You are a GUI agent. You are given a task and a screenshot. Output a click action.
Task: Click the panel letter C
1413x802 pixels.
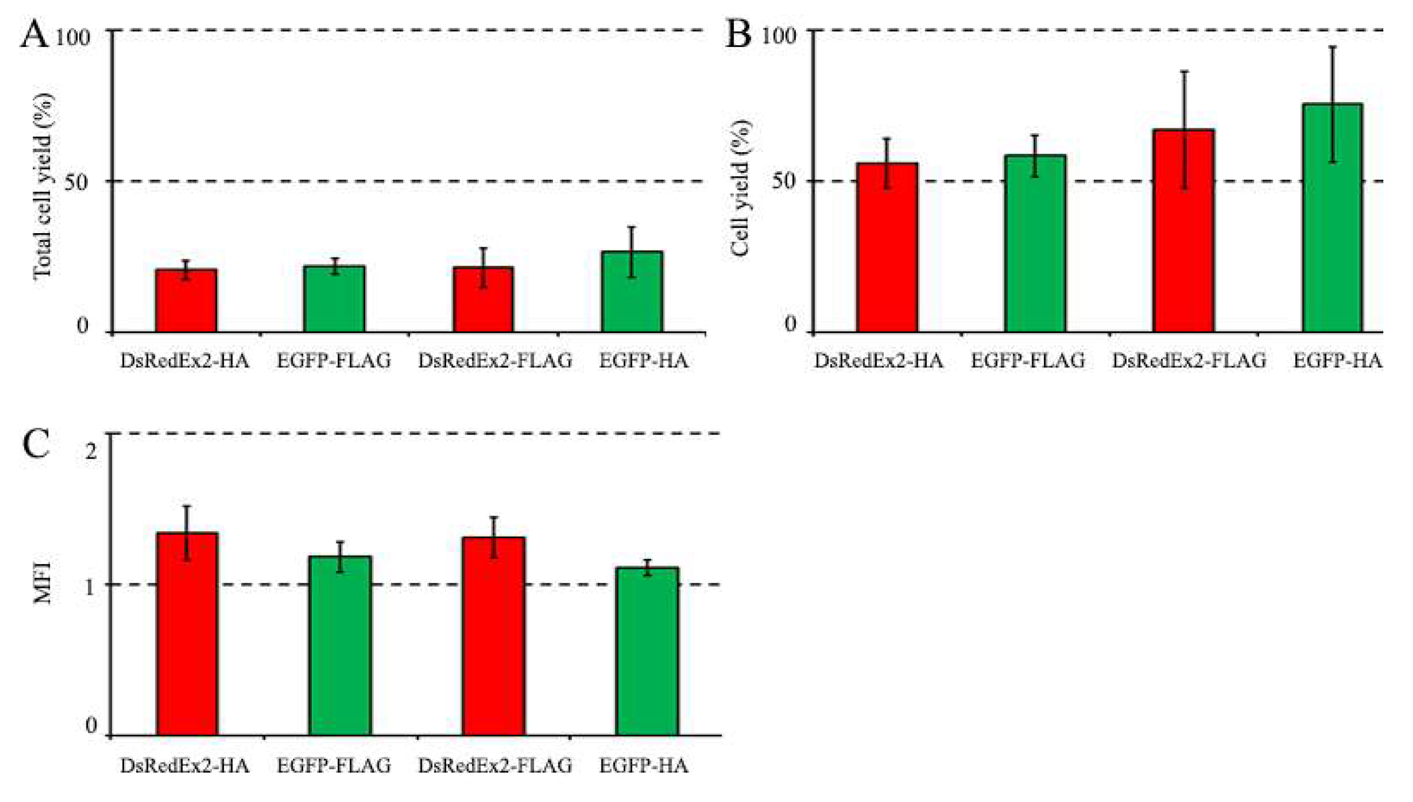(36, 445)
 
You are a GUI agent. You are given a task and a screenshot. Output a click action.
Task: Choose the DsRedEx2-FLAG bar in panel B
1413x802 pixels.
(1184, 232)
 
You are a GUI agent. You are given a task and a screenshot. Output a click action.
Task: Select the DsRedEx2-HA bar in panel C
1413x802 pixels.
(187, 634)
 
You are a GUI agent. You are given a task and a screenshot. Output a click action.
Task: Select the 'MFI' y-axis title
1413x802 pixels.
(43, 583)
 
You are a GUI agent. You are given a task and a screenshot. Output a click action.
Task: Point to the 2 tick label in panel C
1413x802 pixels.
(91, 452)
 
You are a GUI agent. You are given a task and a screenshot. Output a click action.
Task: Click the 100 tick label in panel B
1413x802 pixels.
(779, 37)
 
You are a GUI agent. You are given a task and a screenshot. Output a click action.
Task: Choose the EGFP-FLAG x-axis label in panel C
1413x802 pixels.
(333, 766)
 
